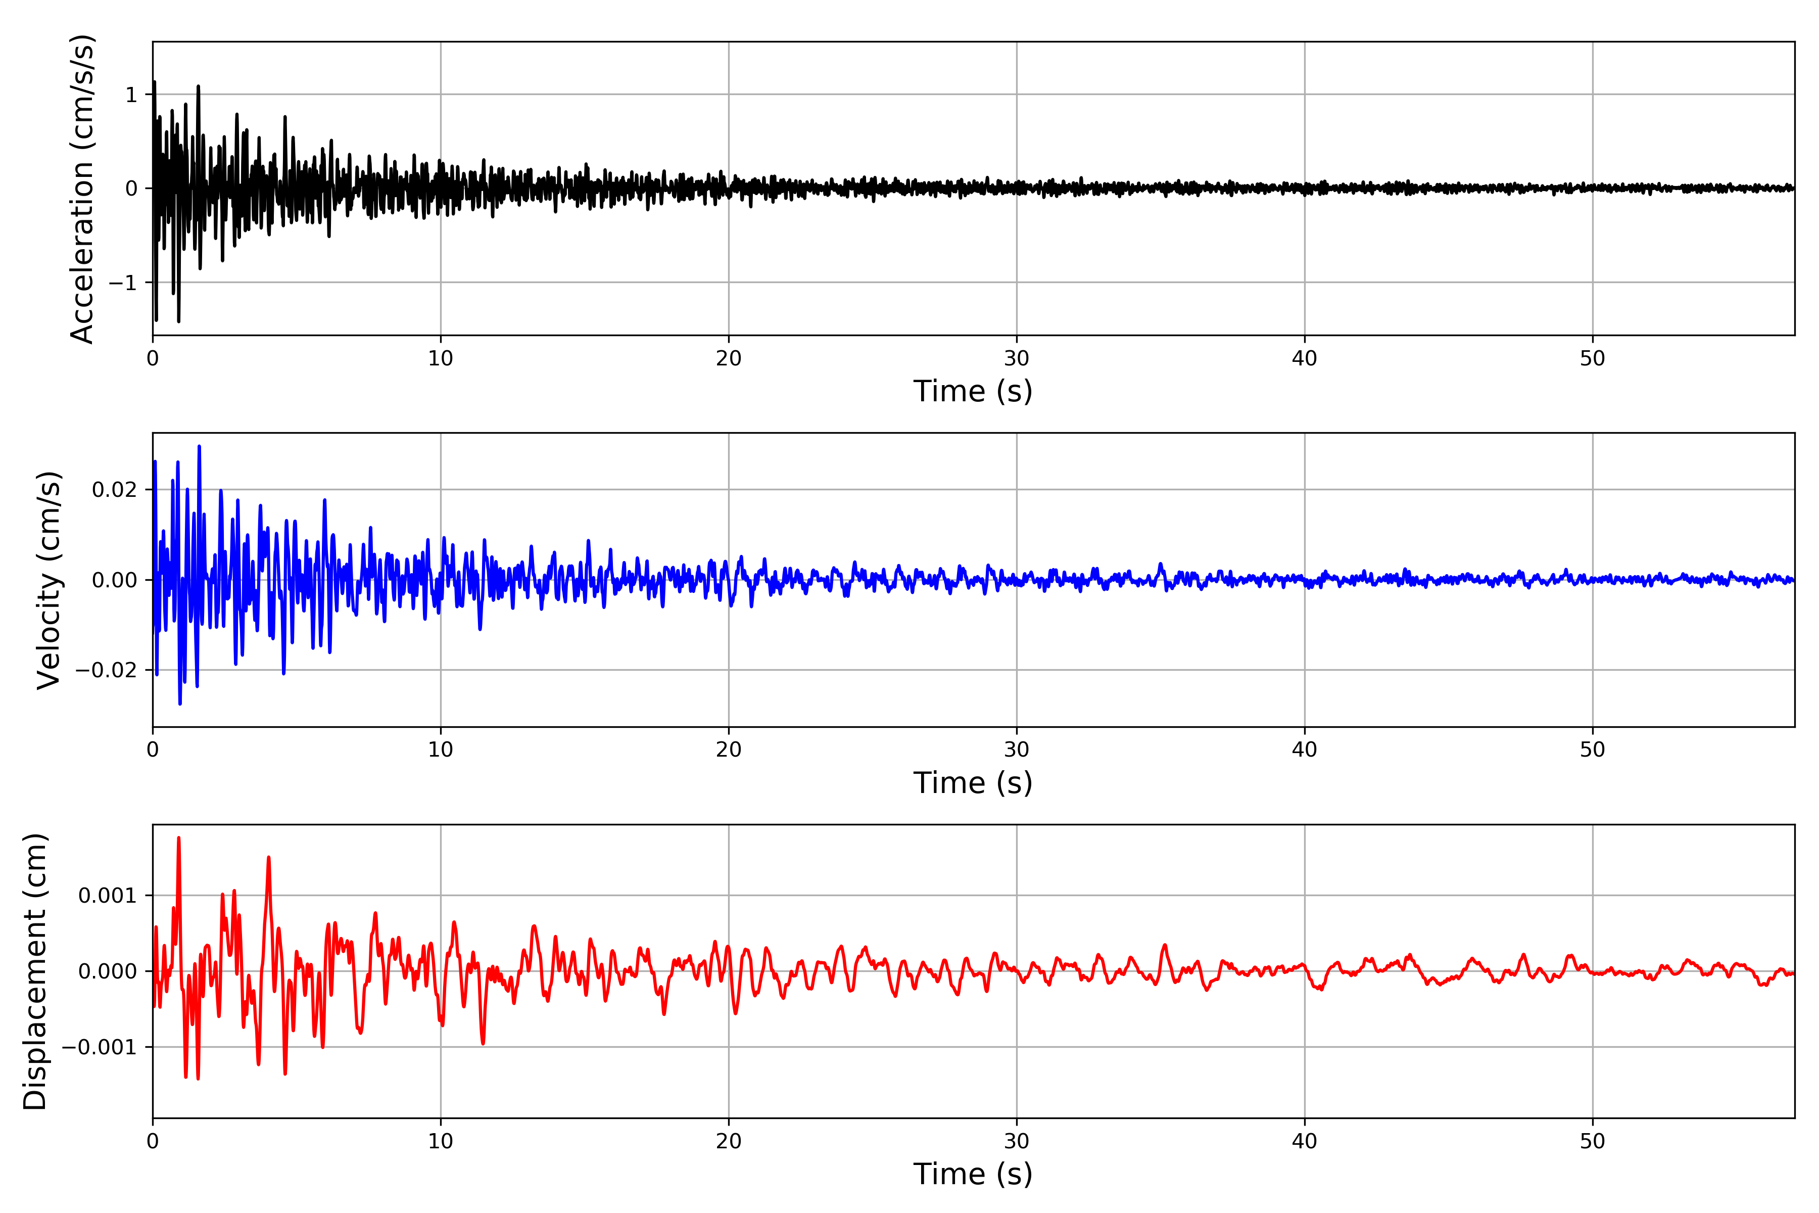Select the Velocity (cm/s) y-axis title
point(49,580)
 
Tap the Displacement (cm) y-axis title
point(35,971)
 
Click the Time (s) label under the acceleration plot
point(973,391)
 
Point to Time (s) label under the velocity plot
point(973,783)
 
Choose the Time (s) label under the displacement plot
point(973,1174)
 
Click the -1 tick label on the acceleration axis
point(122,283)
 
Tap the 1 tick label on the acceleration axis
point(131,95)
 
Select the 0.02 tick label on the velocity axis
point(115,490)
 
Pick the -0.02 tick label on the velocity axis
point(106,670)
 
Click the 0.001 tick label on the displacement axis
point(108,896)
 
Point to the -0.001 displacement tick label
point(99,1047)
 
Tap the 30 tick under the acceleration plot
point(1016,359)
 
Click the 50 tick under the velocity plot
point(1593,750)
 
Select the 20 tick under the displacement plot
point(729,1141)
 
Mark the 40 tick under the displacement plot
point(1305,1141)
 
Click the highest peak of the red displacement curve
point(179,838)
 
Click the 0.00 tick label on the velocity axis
point(115,580)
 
